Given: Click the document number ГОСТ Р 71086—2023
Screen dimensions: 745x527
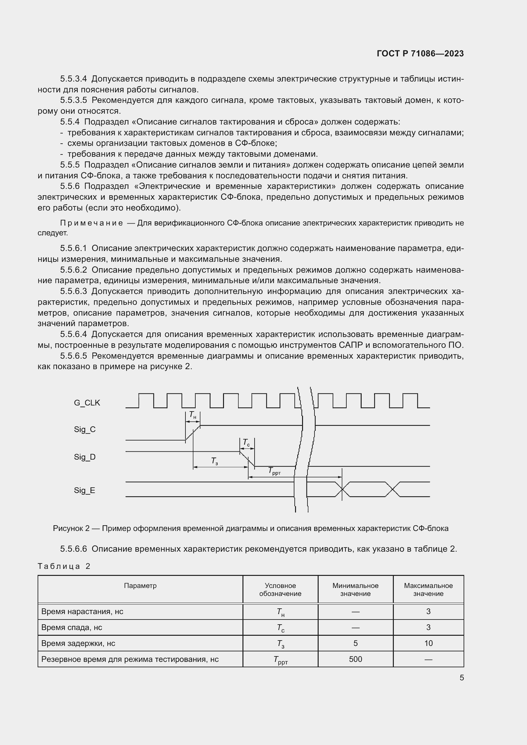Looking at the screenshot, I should pyautogui.click(x=420, y=54).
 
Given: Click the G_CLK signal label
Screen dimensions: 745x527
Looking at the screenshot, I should pyautogui.click(x=87, y=403).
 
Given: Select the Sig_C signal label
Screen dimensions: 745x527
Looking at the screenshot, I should pyautogui.click(x=85, y=429).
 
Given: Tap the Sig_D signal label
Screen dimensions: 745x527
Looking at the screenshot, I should pyautogui.click(x=85, y=457).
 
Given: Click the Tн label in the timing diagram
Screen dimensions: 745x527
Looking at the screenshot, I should pyautogui.click(x=192, y=415).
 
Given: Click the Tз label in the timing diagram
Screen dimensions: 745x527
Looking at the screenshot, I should pyautogui.click(x=214, y=461).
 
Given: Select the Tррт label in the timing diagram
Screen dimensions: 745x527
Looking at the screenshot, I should pyautogui.click(x=274, y=471).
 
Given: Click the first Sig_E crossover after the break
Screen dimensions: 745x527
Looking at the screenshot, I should pyautogui.click(x=342, y=489).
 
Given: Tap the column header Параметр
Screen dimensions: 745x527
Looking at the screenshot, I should pyautogui.click(x=140, y=585).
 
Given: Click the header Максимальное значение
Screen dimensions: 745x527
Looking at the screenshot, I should pyautogui.click(x=428, y=589).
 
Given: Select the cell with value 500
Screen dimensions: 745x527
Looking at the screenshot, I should pyautogui.click(x=355, y=659).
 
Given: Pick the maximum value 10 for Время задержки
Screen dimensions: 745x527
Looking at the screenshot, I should pyautogui.click(x=428, y=643).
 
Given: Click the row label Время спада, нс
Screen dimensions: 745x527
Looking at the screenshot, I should pyautogui.click(x=72, y=627).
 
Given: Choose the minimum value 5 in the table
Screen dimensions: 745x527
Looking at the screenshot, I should pyautogui.click(x=355, y=643).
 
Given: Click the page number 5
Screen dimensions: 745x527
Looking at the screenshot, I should pyautogui.click(x=461, y=677).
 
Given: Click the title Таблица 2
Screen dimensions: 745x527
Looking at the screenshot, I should pyautogui.click(x=64, y=566).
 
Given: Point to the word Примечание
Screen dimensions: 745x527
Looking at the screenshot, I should pyautogui.click(x=91, y=223).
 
